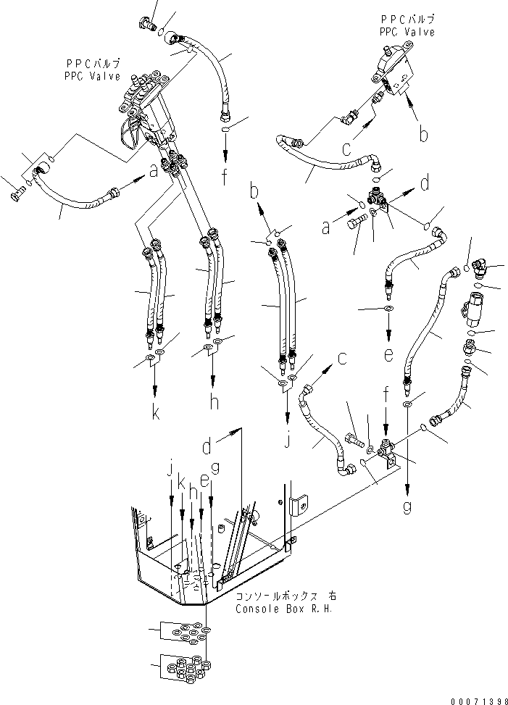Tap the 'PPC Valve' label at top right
point(407,33)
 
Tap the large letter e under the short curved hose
point(389,356)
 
